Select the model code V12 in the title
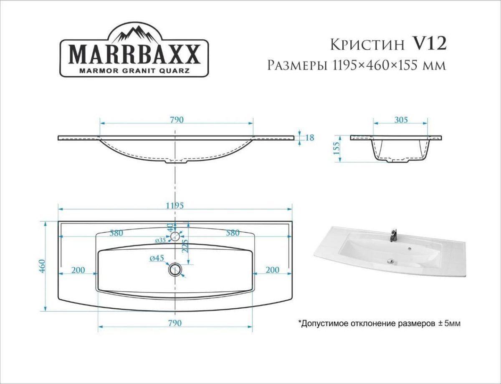pos(430,43)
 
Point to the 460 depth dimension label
pos(42,266)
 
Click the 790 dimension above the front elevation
pos(176,120)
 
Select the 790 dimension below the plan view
pos(175,323)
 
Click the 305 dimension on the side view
pos(401,120)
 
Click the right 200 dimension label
pos(272,270)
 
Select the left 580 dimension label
pos(116,233)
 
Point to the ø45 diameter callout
pos(157,259)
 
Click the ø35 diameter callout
pos(161,240)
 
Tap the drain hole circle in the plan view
pos(175,269)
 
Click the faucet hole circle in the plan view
pos(175,236)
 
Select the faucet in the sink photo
pos(392,235)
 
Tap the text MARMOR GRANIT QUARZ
pos(134,70)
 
